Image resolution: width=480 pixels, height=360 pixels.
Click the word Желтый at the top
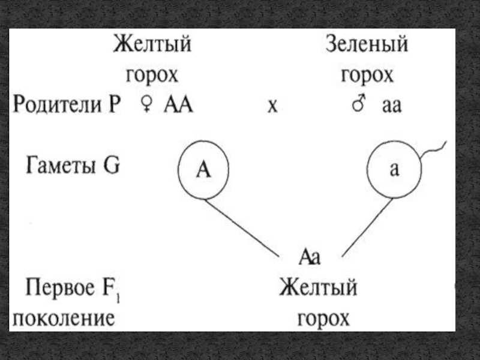(x=152, y=45)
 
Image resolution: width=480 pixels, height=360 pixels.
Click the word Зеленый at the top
(x=367, y=45)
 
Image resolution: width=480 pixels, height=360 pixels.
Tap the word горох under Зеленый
(x=367, y=76)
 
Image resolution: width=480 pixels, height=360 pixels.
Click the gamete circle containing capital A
(x=205, y=171)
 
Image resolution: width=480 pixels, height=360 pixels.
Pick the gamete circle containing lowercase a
(x=394, y=170)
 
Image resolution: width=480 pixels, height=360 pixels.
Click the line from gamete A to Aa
(x=243, y=228)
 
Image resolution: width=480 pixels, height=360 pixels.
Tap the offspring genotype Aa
(x=310, y=257)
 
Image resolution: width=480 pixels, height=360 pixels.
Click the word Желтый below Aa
(x=317, y=288)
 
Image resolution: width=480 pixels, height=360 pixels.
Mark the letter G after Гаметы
(x=112, y=165)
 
